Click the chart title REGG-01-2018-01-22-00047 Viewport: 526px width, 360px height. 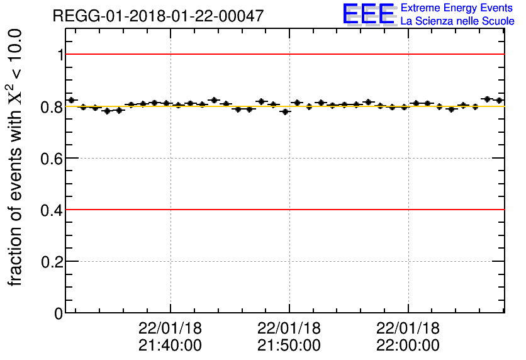(x=158, y=16)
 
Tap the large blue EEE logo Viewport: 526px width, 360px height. (x=369, y=14)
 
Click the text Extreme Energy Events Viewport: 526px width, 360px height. (x=457, y=8)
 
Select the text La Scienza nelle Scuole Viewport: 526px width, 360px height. (x=457, y=21)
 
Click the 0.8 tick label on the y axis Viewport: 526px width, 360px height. (x=53, y=107)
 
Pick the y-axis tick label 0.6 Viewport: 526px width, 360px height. (x=53, y=159)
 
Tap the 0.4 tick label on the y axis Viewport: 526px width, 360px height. (x=53, y=210)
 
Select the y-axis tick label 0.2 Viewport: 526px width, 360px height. (x=53, y=262)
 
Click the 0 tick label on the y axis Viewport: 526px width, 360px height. (x=59, y=313)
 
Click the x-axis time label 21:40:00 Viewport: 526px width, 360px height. (x=170, y=346)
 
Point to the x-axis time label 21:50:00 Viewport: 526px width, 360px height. (x=289, y=346)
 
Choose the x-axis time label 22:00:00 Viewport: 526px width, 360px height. (x=408, y=346)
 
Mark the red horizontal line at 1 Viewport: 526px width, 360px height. (x=283, y=54)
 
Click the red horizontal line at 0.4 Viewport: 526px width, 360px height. (x=283, y=209)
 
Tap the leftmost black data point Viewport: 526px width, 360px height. (x=71, y=100)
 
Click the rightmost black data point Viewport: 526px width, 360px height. (x=499, y=100)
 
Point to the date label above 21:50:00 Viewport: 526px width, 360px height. (x=289, y=329)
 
